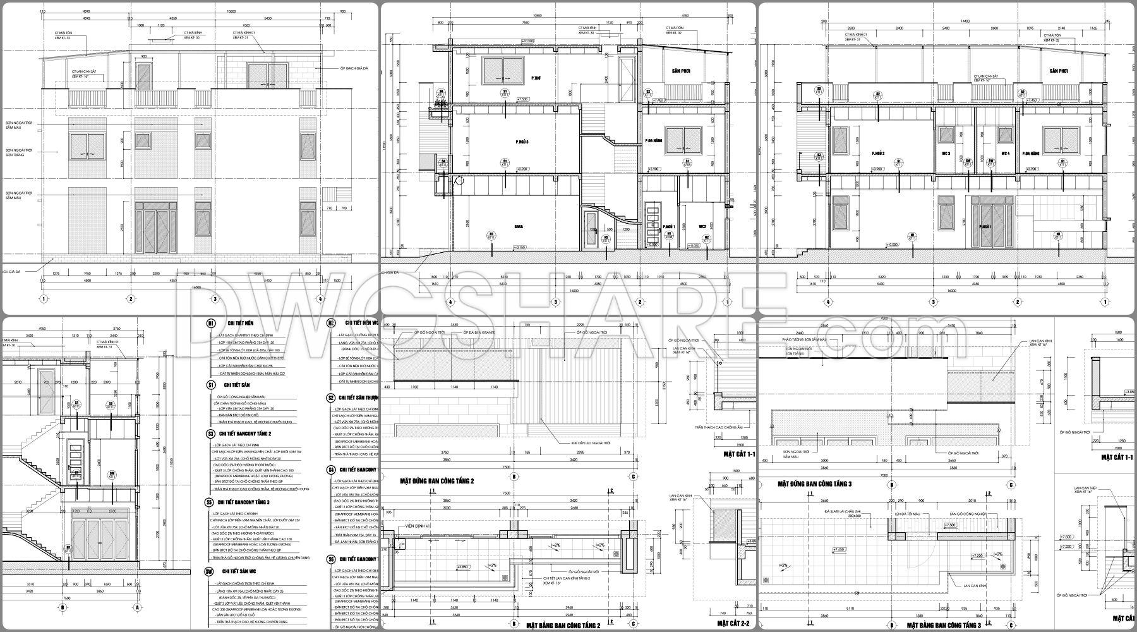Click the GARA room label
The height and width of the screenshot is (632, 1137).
519,225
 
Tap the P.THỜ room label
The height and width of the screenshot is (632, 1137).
536,78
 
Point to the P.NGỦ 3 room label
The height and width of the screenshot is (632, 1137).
521,142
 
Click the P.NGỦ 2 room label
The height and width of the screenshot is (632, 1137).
877,154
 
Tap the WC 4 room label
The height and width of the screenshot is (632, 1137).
1005,154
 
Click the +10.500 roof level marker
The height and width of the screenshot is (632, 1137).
528,42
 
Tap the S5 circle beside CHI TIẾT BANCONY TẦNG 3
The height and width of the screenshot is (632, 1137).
209,502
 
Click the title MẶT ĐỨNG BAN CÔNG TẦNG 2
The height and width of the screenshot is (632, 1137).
436,481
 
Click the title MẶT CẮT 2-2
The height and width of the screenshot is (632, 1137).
733,624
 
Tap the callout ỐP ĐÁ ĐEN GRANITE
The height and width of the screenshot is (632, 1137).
478,332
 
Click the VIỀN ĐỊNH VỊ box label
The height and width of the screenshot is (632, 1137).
418,526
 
